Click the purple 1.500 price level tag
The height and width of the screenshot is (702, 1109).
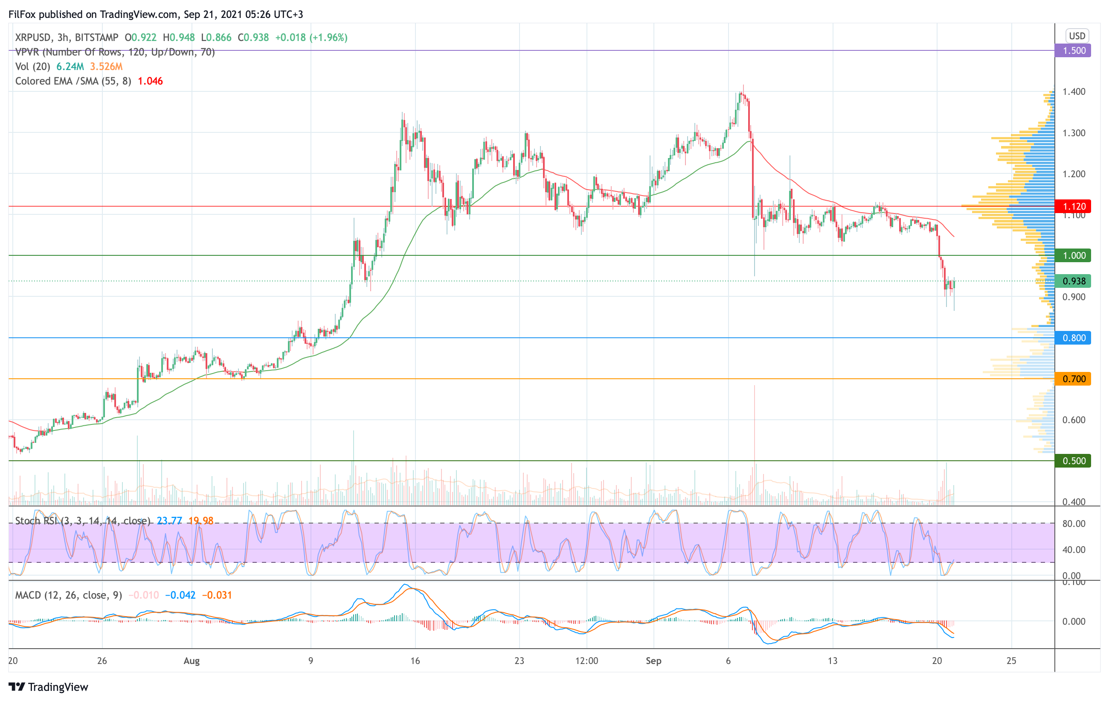(x=1073, y=51)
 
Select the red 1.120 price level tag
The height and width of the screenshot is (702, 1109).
(x=1073, y=206)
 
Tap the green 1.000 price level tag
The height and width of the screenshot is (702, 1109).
(x=1073, y=255)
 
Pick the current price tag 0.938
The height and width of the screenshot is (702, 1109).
(x=1073, y=281)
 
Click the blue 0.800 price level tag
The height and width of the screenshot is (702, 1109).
(x=1073, y=338)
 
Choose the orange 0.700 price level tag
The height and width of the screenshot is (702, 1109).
(x=1073, y=379)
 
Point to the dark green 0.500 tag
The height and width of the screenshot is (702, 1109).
(x=1073, y=461)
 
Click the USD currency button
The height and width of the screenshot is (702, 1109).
(x=1077, y=36)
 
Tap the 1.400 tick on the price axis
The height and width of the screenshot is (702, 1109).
(x=1074, y=92)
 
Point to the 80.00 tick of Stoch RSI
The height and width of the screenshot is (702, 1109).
(x=1074, y=524)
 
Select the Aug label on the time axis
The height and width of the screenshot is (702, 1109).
(x=192, y=661)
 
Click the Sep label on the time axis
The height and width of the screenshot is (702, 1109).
(x=653, y=661)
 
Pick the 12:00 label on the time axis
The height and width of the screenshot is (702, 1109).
(x=587, y=661)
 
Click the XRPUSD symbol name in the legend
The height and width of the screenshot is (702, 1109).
(x=33, y=37)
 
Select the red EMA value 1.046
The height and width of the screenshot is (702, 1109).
(x=150, y=81)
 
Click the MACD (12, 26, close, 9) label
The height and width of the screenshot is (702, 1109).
(x=69, y=595)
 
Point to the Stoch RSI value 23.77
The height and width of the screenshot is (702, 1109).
(x=169, y=521)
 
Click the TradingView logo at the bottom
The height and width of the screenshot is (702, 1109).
(x=48, y=687)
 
